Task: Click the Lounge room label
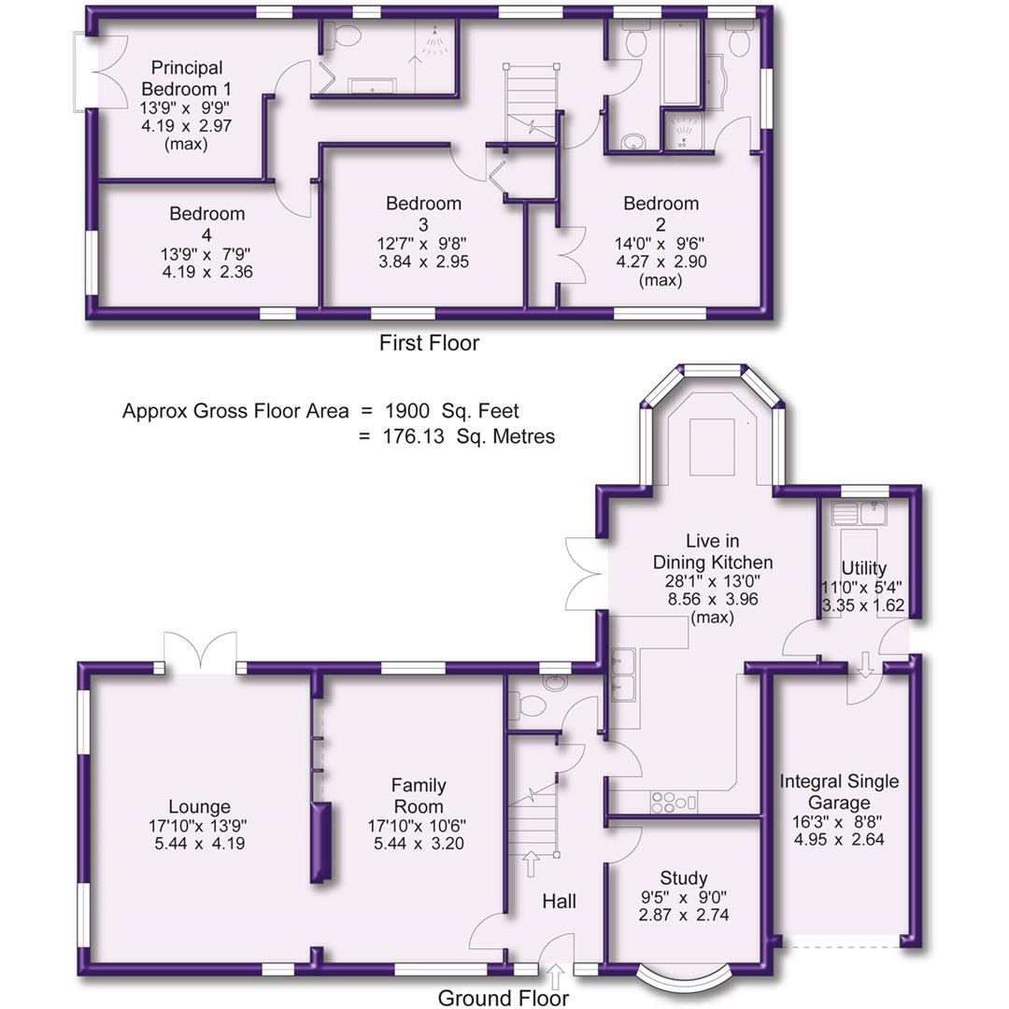tap(199, 807)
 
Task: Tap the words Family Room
tap(418, 796)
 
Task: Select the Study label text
tap(683, 878)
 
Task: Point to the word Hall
tap(559, 902)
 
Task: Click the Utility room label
tap(863, 569)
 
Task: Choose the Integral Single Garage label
tap(839, 792)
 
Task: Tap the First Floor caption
tap(429, 343)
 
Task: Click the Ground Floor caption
tap(503, 998)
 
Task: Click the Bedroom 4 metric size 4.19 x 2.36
tap(206, 273)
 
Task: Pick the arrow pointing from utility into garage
tap(865, 664)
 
